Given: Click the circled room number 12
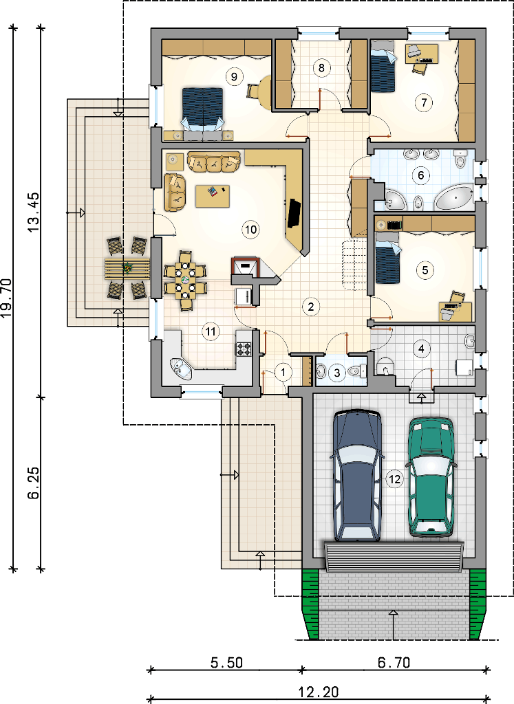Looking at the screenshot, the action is tap(394, 479).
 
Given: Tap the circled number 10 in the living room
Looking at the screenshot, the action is tap(250, 230).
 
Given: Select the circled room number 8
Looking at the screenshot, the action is tap(321, 68).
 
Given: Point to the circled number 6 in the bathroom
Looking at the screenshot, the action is tap(421, 175).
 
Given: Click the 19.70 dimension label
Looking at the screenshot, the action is tap(8, 298).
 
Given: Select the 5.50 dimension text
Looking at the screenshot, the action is tap(226, 663).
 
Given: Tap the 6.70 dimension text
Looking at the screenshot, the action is tap(394, 663).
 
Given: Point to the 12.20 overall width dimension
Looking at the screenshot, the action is tap(319, 692).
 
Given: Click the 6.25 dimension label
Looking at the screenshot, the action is tap(34, 483).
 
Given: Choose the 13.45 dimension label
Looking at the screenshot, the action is tap(34, 212).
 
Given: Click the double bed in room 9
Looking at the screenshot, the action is tap(202, 109).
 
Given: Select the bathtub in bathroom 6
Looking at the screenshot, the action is tap(453, 199).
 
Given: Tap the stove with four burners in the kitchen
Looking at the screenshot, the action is tap(244, 349).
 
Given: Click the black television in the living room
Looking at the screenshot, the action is tap(294, 214).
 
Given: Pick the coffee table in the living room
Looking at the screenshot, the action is tap(213, 196).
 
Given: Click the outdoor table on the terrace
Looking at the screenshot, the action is tap(127, 269).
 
